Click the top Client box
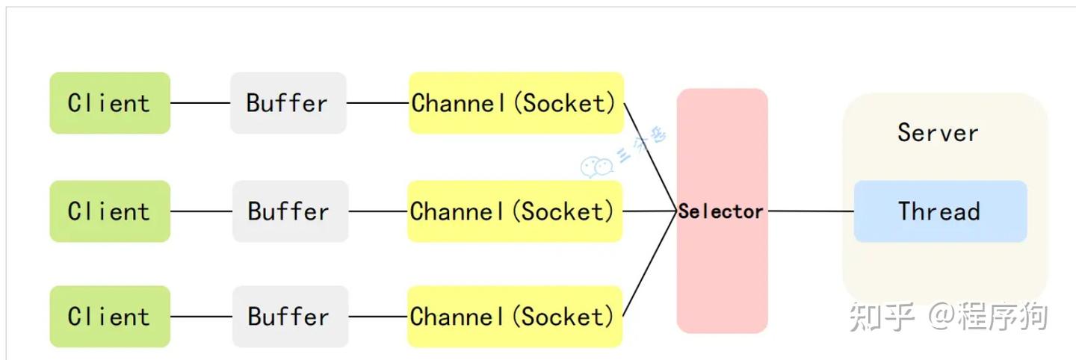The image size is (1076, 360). [x=110, y=103]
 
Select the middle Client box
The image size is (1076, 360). [x=110, y=211]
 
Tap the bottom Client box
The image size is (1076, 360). [x=110, y=317]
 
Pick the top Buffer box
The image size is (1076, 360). [x=288, y=103]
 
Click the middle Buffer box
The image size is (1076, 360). [x=290, y=211]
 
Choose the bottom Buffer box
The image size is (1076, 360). [x=290, y=317]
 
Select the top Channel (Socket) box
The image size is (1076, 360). [x=516, y=103]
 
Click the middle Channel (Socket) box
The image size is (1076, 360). [x=515, y=211]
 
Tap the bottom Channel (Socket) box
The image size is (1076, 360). [x=515, y=317]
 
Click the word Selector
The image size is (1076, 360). [x=720, y=211]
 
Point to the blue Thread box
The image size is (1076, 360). [x=941, y=211]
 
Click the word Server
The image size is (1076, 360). [x=938, y=132]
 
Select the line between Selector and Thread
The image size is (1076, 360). [x=811, y=211]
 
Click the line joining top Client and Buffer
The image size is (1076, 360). [x=200, y=103]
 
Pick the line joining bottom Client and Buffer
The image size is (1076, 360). [x=201, y=317]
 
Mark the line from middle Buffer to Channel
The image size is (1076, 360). [x=378, y=211]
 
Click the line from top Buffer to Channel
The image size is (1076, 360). [x=377, y=103]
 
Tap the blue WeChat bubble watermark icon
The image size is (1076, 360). [x=596, y=167]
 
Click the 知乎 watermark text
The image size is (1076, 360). [x=882, y=317]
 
